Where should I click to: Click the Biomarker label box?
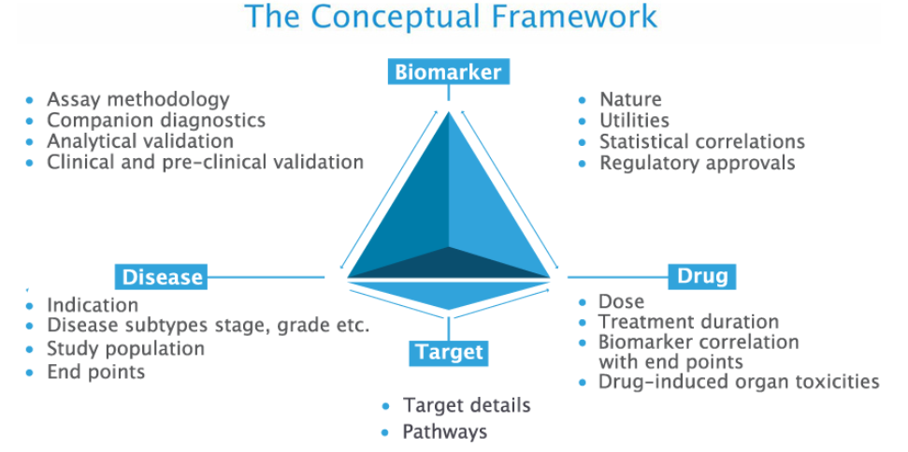tap(449, 72)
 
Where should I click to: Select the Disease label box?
tap(161, 276)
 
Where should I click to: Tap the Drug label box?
tap(702, 276)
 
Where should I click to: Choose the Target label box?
tap(449, 352)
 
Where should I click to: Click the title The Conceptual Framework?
tap(451, 17)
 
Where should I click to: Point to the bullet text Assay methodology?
tap(138, 100)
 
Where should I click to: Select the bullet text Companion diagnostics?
tap(156, 121)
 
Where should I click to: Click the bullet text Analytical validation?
tap(140, 140)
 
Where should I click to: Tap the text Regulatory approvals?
tap(698, 163)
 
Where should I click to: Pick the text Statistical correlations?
tap(702, 141)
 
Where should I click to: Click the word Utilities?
tap(634, 121)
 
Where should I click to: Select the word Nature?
tap(630, 100)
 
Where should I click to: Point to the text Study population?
tap(125, 349)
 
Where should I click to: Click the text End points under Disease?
tap(96, 371)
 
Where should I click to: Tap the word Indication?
tap(93, 305)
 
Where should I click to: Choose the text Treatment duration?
tap(688, 321)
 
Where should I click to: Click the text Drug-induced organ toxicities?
tap(739, 382)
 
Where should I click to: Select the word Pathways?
tap(445, 431)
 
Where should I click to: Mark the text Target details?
tap(467, 405)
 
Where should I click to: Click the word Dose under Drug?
tap(621, 301)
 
